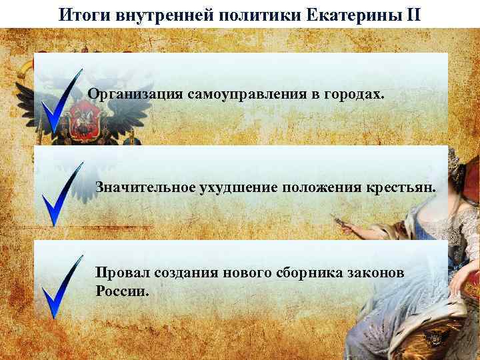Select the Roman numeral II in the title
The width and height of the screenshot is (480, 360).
pyautogui.click(x=413, y=14)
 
